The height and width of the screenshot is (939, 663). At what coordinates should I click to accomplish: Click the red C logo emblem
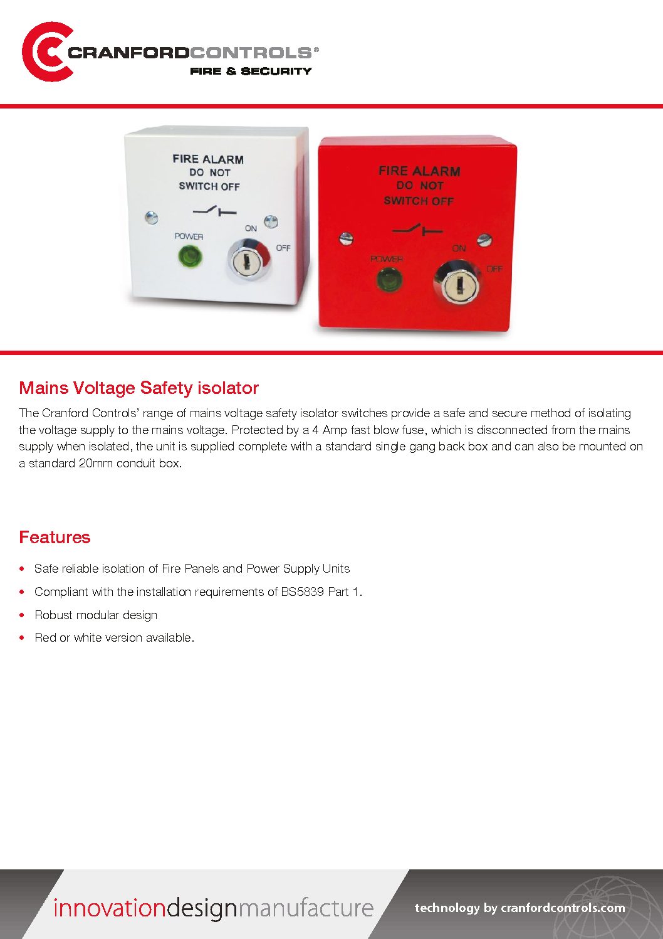click(45, 52)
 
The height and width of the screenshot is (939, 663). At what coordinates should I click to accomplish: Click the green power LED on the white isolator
click(190, 256)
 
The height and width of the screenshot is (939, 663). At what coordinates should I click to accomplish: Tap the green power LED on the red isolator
click(389, 279)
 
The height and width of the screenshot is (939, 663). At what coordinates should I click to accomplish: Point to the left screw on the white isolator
click(151, 218)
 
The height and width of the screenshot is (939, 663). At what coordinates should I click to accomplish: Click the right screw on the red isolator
click(484, 240)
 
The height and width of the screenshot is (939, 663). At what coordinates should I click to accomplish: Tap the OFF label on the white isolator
click(283, 248)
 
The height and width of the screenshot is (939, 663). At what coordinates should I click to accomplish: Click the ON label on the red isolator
click(459, 248)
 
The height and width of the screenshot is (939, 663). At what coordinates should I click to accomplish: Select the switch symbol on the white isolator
click(214, 211)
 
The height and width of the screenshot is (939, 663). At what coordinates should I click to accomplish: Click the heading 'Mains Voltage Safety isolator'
click(138, 388)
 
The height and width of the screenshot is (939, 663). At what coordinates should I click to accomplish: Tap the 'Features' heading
click(55, 538)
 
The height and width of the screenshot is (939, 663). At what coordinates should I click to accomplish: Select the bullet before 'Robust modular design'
click(22, 615)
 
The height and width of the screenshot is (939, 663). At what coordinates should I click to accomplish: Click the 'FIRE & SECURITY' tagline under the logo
click(251, 72)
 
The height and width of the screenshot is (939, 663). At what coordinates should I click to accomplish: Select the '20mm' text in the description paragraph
click(96, 464)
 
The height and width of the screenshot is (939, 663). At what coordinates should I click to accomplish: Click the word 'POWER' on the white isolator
click(189, 236)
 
